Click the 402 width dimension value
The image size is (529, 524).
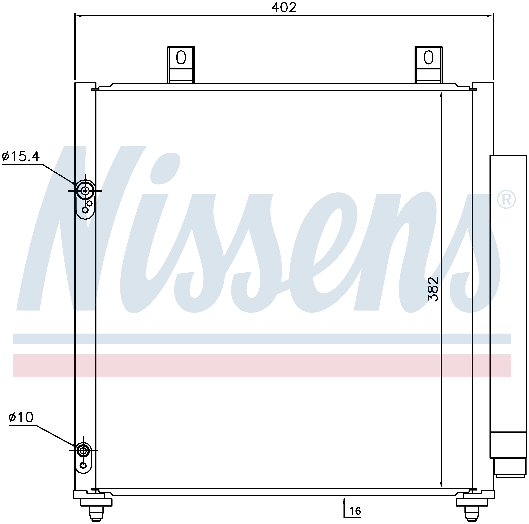pyautogui.click(x=284, y=8)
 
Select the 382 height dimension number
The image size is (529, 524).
pyautogui.click(x=433, y=290)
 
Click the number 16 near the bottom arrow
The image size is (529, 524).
pyautogui.click(x=355, y=511)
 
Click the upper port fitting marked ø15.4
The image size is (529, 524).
pyautogui.click(x=85, y=191)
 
